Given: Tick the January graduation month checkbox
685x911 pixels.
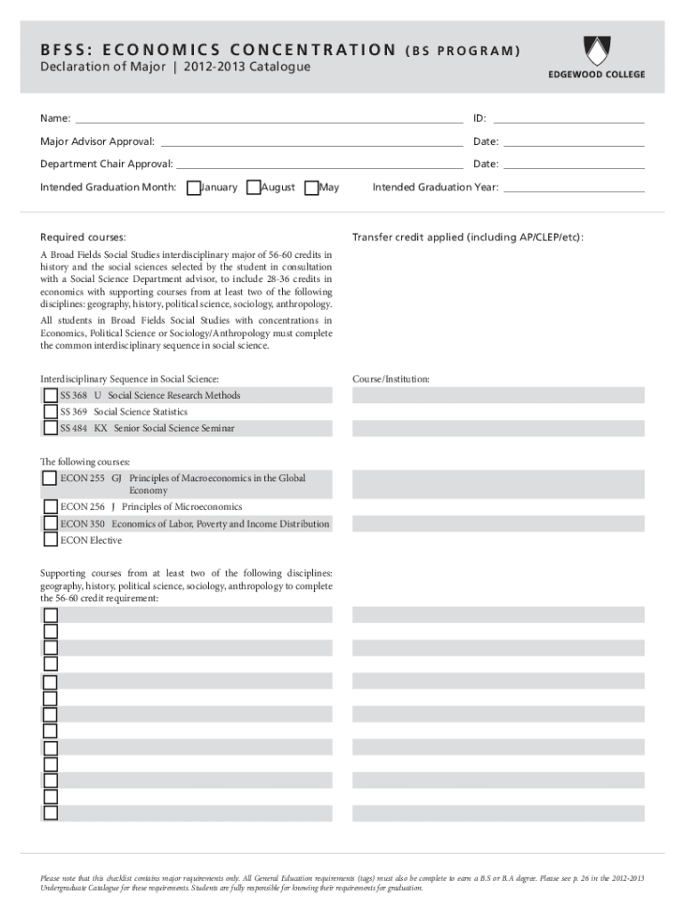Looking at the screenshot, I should pyautogui.click(x=194, y=188).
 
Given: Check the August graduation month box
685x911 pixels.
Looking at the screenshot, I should pyautogui.click(x=254, y=188).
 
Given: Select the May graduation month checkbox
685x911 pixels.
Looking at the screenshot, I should pyautogui.click(x=311, y=188).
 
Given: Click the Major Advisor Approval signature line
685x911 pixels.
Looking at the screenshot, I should pyautogui.click(x=311, y=141).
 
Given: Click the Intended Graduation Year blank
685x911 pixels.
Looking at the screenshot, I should pyautogui.click(x=574, y=188).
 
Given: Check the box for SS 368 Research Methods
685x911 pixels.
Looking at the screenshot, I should pyautogui.click(x=50, y=395).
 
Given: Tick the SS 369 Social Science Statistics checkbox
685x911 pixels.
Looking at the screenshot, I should pyautogui.click(x=50, y=412).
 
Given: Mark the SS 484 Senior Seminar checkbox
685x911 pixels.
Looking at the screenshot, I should pyautogui.click(x=50, y=428).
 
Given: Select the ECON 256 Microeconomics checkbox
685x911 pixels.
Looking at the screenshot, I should pyautogui.click(x=50, y=507).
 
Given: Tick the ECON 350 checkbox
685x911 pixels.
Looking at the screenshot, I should pyautogui.click(x=50, y=524).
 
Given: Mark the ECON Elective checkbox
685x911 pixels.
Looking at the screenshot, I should pyautogui.click(x=50, y=540).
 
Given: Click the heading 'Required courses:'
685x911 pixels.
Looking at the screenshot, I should pyautogui.click(x=83, y=238).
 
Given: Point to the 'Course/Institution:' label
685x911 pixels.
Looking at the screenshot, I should pyautogui.click(x=391, y=379).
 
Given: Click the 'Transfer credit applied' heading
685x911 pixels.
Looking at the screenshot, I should pyautogui.click(x=467, y=238).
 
